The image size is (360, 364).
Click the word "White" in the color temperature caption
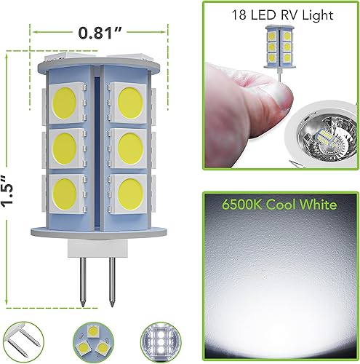(x=316, y=205)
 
